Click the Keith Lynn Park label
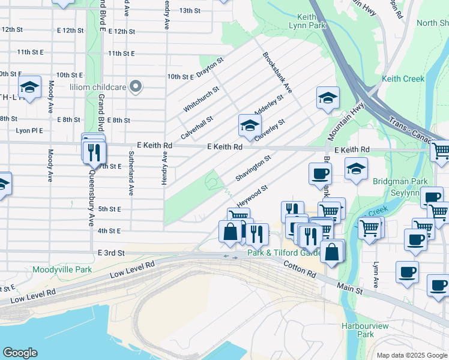pyautogui.click(x=311, y=22)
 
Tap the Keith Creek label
pyautogui.click(x=403, y=79)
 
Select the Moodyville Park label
pyautogui.click(x=62, y=269)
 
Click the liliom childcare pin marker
pyautogui.click(x=136, y=87)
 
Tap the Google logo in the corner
pyautogui.click(x=20, y=353)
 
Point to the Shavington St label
pyautogui.click(x=254, y=168)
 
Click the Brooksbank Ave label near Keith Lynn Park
pyautogui.click(x=277, y=72)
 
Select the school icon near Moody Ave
pyautogui.click(x=29, y=88)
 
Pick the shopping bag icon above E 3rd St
pyautogui.click(x=231, y=232)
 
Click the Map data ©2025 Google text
pyautogui.click(x=411, y=355)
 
